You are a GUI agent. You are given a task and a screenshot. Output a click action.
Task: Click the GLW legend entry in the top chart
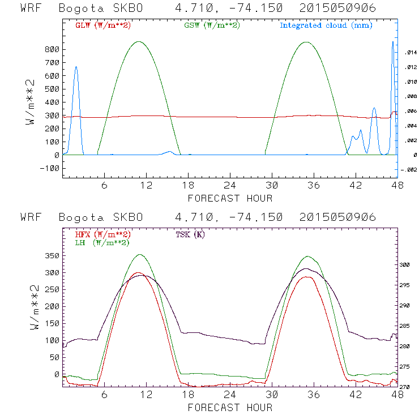(x=97, y=25)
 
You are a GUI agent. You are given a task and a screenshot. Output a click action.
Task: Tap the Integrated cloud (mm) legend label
(x=325, y=25)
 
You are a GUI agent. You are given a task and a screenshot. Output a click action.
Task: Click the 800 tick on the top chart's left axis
(x=52, y=49)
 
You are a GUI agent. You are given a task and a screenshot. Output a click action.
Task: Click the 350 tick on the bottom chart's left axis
(x=52, y=256)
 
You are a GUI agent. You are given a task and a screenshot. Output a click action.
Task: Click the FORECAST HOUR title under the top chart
(x=230, y=198)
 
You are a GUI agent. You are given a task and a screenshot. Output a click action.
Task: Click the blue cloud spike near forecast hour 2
(x=76, y=67)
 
